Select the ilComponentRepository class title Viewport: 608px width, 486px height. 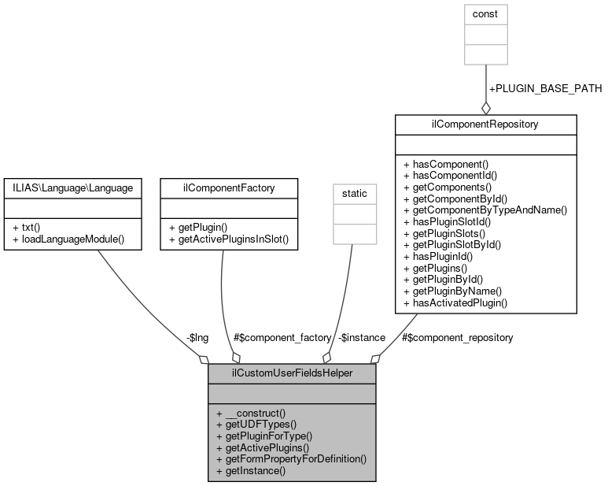[485, 124]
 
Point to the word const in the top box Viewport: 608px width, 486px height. [485, 14]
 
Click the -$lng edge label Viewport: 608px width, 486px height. [197, 337]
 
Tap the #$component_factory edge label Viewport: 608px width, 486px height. [282, 337]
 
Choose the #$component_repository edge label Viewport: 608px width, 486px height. [457, 337]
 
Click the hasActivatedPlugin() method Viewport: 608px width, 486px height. [455, 302]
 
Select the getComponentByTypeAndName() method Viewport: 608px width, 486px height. [485, 210]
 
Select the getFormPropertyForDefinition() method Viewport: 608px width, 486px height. [291, 458]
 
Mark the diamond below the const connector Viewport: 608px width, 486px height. [485, 107]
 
